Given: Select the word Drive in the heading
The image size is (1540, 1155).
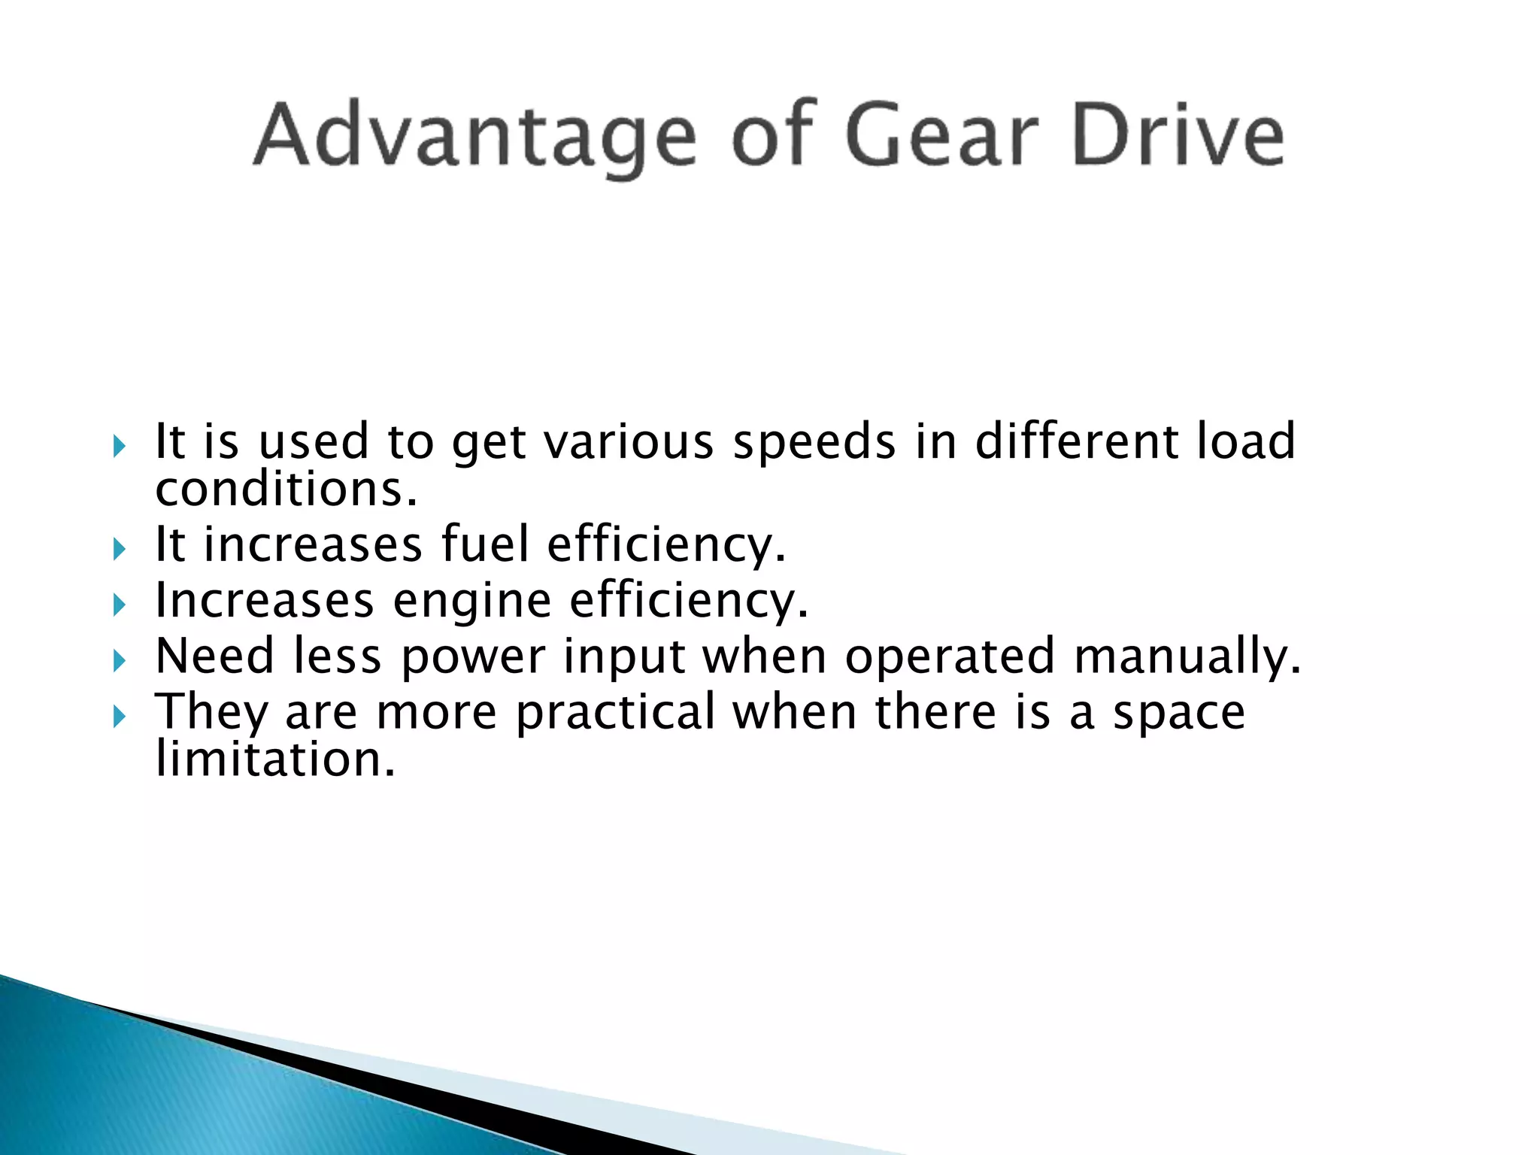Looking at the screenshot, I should (x=1178, y=135).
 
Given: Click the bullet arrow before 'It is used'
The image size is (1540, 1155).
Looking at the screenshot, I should (x=119, y=447).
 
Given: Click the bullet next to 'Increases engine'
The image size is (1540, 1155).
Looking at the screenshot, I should (x=119, y=605).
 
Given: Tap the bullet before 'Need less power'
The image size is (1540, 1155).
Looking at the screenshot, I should (x=119, y=661).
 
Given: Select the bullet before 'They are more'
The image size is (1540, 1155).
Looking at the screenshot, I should (x=119, y=717).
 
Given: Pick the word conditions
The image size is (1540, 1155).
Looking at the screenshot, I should (x=286, y=490).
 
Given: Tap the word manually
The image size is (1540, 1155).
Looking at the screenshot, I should (x=1187, y=657).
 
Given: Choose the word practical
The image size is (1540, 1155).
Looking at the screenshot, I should (x=616, y=713).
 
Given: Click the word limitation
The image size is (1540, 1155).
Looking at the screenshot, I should (x=275, y=759).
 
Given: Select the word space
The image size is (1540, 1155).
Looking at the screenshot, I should (x=1178, y=713).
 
